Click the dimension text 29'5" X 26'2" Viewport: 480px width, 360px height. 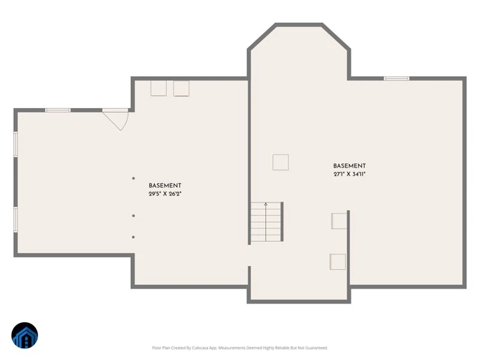click(165, 194)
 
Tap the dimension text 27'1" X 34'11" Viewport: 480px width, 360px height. click(350, 174)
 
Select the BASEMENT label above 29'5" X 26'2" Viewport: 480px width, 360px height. click(165, 185)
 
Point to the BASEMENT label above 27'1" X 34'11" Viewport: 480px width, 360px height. click(350, 166)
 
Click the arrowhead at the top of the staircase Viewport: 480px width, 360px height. click(266, 203)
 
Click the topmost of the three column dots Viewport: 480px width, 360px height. click(133, 178)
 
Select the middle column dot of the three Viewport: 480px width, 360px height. click(133, 216)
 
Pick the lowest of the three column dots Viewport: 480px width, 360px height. click(133, 237)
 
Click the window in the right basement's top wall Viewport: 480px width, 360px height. click(397, 79)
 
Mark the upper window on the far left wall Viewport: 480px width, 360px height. click(16, 145)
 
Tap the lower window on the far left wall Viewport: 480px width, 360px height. click(16, 220)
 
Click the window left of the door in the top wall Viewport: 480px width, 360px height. click(58, 110)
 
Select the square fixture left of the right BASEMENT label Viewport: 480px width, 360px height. click(281, 162)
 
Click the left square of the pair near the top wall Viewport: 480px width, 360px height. click(158, 88)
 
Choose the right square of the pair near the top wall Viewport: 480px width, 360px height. click(182, 88)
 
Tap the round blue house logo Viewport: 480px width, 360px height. click(25, 335)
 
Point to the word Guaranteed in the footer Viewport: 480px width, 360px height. click(317, 348)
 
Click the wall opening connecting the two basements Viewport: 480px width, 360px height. click(249, 256)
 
